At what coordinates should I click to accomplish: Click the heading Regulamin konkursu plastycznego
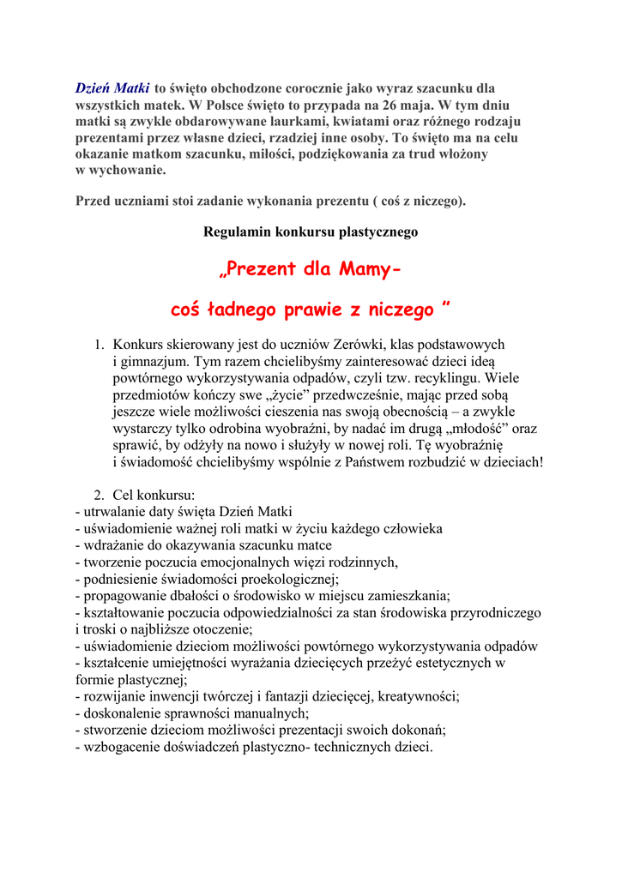[x=311, y=232]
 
